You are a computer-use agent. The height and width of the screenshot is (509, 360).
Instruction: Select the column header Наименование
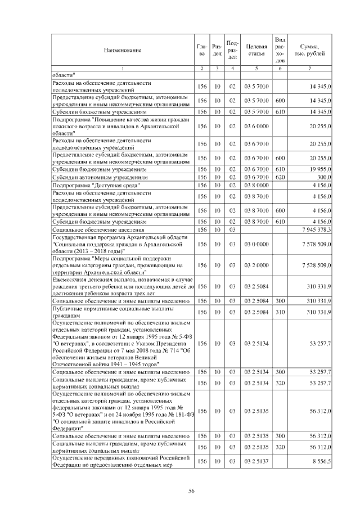(122, 50)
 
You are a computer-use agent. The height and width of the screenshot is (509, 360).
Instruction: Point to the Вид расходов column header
(281, 49)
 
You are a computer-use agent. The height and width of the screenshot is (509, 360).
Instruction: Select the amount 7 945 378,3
(317, 229)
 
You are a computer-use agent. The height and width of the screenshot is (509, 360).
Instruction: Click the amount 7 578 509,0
(317, 245)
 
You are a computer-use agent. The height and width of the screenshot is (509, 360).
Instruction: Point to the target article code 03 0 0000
(256, 245)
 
